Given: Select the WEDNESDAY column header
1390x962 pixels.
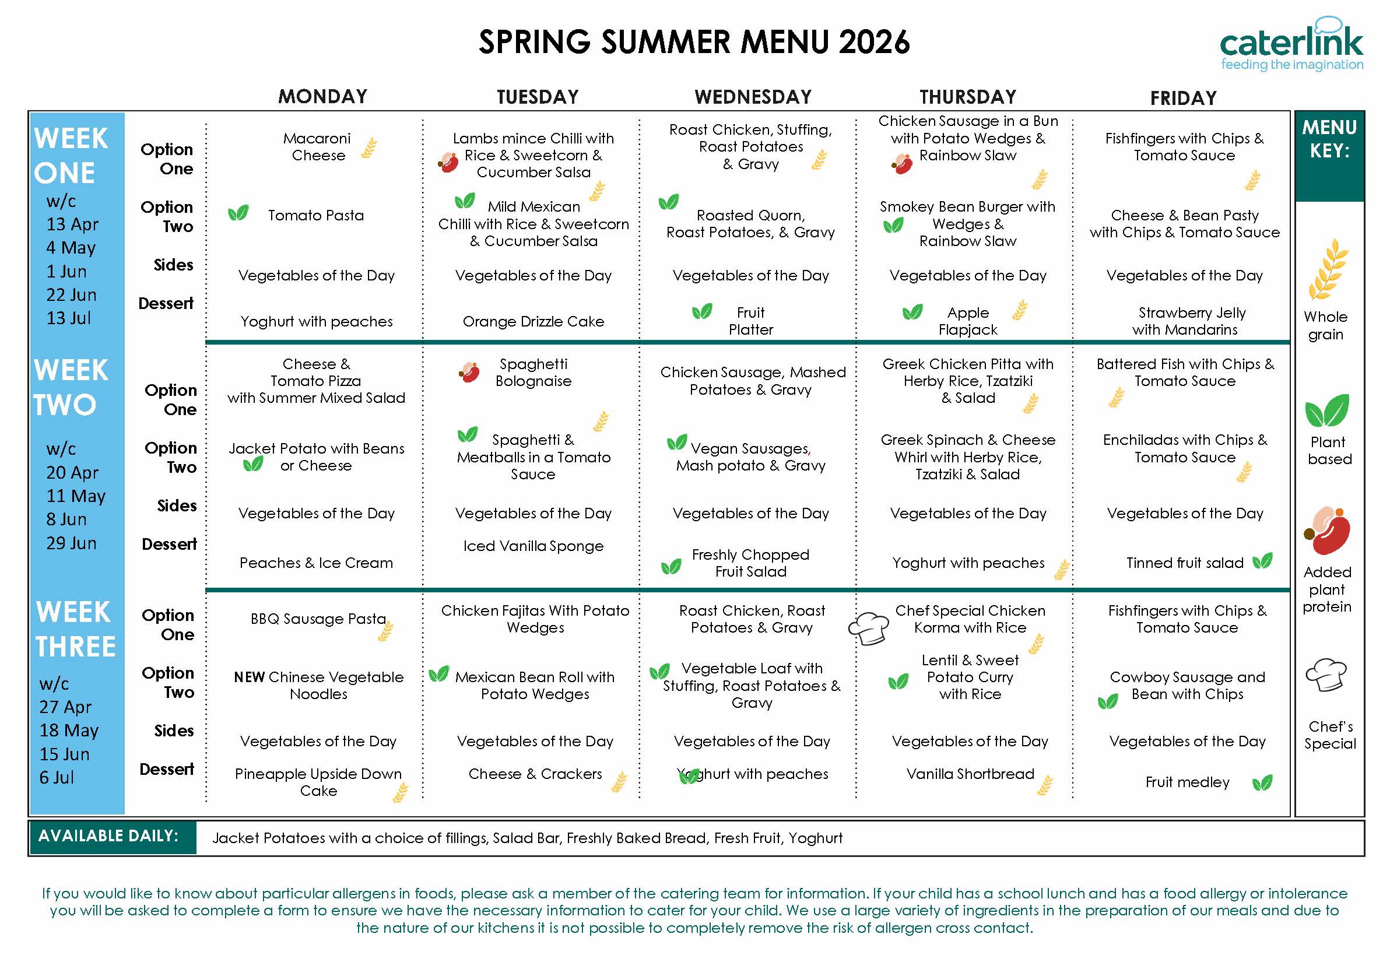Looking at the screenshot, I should point(753,97).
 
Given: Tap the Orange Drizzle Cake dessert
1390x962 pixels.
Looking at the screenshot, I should point(533,322).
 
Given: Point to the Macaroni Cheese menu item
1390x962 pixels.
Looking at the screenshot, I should point(318,147).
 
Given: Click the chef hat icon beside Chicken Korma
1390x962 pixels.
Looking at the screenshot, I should point(868,629).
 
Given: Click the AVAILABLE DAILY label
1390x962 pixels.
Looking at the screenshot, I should point(108,836).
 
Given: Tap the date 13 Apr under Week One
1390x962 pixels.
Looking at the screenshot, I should point(72,224).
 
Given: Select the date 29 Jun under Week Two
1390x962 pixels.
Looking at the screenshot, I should point(71,543).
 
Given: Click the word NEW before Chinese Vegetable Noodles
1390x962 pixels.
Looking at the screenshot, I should point(249,677).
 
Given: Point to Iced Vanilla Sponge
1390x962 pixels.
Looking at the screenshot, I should point(533,546).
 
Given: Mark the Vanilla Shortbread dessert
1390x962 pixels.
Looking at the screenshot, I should point(970,774).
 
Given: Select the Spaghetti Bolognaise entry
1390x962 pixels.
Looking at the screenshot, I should point(533,373).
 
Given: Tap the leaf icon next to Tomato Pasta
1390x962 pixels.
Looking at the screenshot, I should point(238,213).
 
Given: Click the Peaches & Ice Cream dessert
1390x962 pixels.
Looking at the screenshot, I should point(316,563).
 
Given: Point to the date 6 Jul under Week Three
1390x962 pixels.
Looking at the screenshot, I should point(57,778).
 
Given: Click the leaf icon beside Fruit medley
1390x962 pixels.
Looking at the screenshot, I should point(1262,782).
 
